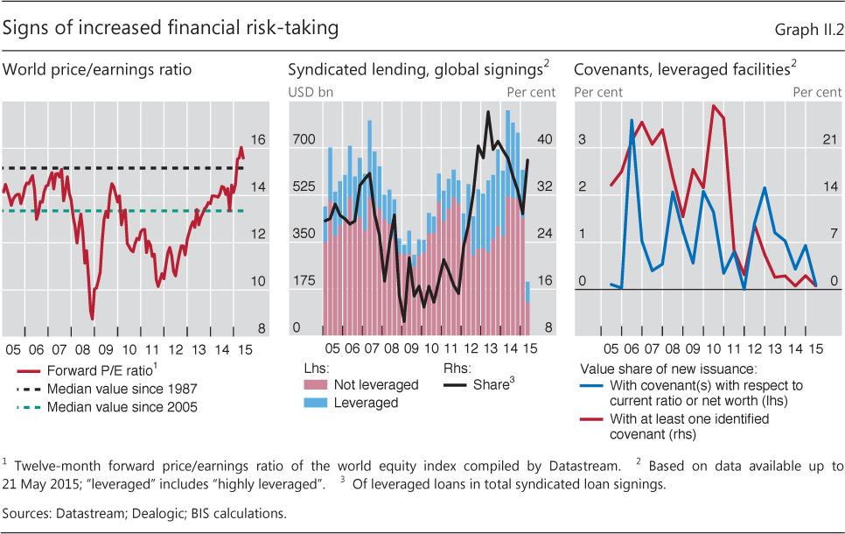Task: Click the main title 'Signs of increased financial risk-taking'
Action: (x=171, y=29)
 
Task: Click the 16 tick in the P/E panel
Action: (x=258, y=139)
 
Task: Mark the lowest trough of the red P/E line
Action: (x=92, y=319)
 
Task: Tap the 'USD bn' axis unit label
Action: (x=310, y=91)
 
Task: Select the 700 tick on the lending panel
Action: (x=303, y=139)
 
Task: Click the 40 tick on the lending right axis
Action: (x=544, y=139)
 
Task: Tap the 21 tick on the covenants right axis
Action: (x=832, y=139)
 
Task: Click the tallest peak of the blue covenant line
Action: (x=632, y=120)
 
